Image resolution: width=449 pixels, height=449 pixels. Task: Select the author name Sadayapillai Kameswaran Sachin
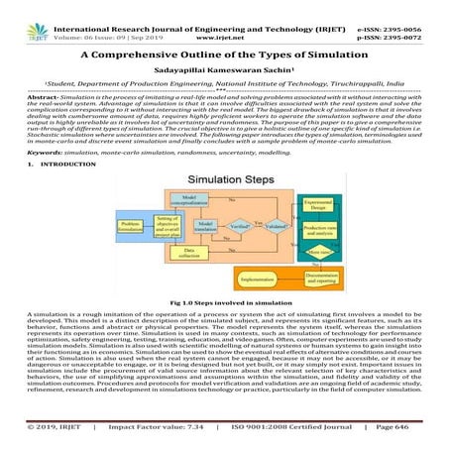pyautogui.click(x=225, y=72)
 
